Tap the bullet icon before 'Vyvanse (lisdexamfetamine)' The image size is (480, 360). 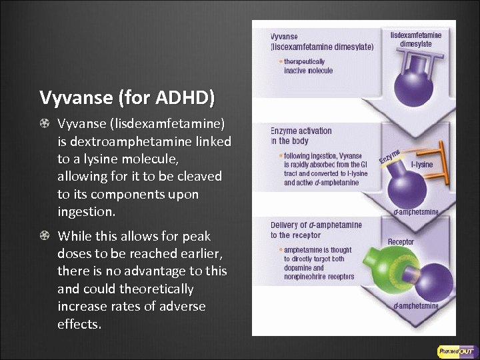(x=44, y=124)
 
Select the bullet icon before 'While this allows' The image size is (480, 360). (x=44, y=236)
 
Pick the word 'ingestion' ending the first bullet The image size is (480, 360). (x=86, y=212)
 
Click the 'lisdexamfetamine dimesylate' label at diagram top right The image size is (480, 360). (x=415, y=39)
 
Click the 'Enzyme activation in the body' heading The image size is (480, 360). (x=301, y=135)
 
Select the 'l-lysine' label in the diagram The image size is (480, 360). (x=421, y=164)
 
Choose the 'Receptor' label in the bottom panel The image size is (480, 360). (x=401, y=242)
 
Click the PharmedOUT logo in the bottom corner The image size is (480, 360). (x=455, y=351)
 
